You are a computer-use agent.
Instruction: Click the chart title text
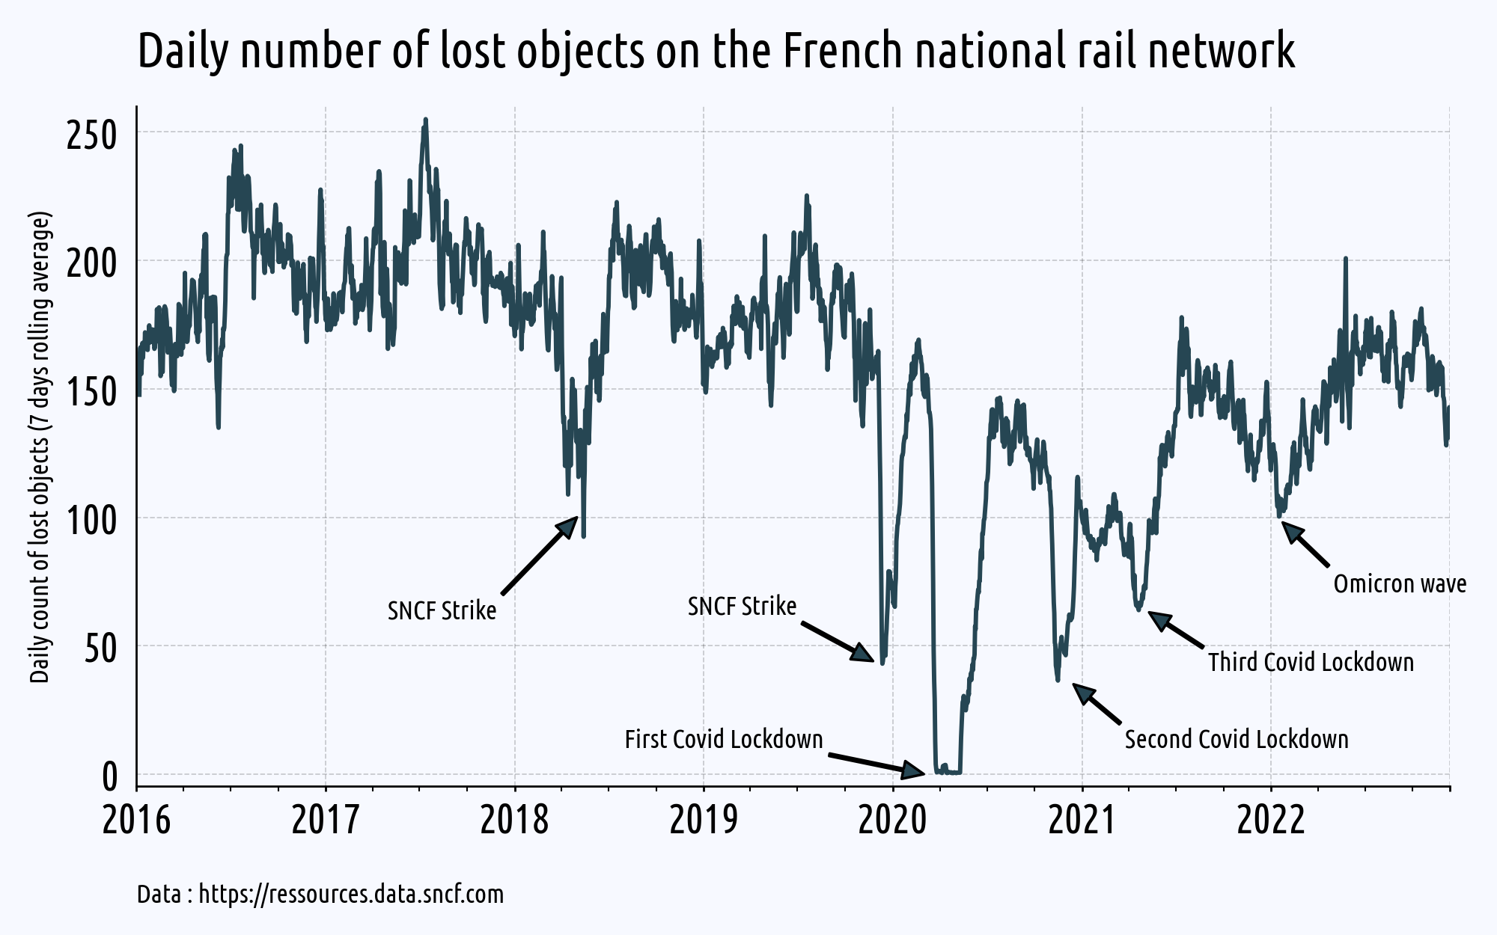point(716,51)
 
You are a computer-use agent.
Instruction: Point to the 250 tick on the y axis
point(92,135)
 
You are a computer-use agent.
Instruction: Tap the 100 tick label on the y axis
point(92,521)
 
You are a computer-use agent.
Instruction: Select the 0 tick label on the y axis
point(110,777)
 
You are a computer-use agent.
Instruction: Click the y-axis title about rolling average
point(40,447)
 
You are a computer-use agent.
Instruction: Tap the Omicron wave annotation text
point(1400,583)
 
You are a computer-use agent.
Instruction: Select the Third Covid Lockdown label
point(1311,662)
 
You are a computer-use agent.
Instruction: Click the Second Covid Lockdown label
point(1237,740)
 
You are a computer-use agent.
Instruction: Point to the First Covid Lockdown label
point(724,740)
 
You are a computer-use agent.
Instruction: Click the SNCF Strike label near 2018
point(442,610)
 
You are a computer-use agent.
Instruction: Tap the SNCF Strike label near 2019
point(742,606)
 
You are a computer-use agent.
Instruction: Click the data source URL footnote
point(320,895)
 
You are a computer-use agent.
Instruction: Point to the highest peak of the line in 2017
point(425,120)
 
